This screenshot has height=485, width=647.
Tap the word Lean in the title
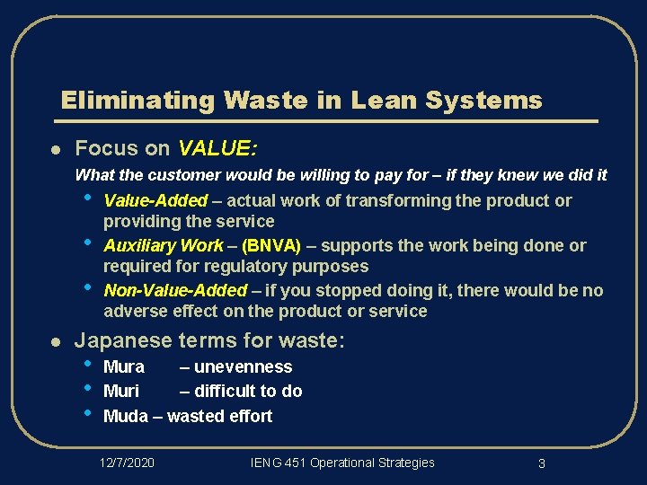click(384, 100)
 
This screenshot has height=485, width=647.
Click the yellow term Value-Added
click(155, 200)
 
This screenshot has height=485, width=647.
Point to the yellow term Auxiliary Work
click(164, 245)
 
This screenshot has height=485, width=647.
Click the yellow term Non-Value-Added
click(175, 290)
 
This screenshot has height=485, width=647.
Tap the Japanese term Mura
click(124, 366)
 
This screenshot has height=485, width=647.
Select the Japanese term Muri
click(121, 391)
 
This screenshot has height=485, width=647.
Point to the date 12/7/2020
click(127, 463)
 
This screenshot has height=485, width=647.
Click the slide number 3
click(542, 463)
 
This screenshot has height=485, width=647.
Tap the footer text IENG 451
click(279, 463)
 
